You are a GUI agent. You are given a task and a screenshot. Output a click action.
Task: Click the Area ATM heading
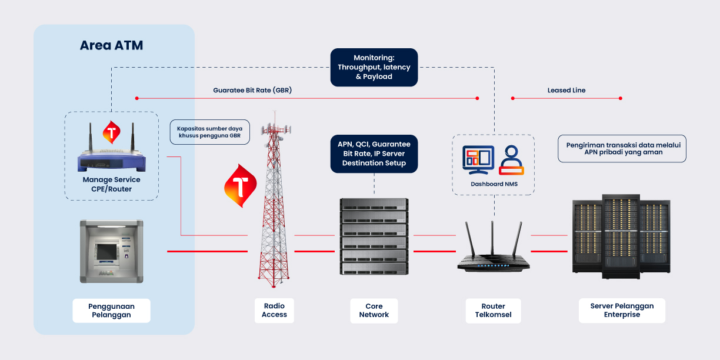pyautogui.click(x=111, y=45)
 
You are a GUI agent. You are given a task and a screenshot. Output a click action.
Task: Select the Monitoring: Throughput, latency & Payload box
pyautogui.click(x=374, y=67)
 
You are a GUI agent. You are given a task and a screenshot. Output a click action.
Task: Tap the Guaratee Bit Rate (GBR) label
pyautogui.click(x=252, y=91)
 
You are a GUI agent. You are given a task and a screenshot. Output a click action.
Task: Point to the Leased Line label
pyautogui.click(x=566, y=91)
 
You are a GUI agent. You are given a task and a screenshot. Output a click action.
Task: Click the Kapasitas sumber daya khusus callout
pyautogui.click(x=209, y=132)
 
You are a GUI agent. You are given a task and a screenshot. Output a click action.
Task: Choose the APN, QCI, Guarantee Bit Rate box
pyautogui.click(x=374, y=153)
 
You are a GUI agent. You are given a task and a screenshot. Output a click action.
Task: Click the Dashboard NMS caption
pyautogui.click(x=493, y=184)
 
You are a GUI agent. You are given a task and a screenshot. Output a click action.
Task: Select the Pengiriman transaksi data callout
pyautogui.click(x=622, y=148)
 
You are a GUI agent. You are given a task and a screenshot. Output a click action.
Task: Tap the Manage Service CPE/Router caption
pyautogui.click(x=111, y=184)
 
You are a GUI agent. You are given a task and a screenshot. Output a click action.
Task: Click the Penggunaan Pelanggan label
pyautogui.click(x=111, y=311)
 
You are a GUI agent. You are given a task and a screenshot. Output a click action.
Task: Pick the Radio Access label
pyautogui.click(x=274, y=311)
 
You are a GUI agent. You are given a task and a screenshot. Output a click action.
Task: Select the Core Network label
pyautogui.click(x=374, y=311)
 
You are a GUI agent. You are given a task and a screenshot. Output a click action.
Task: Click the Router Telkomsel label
pyautogui.click(x=493, y=311)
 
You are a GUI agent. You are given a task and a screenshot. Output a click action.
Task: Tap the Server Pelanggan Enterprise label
pyautogui.click(x=622, y=311)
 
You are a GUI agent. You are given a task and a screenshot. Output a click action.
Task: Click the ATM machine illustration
pyautogui.click(x=111, y=251)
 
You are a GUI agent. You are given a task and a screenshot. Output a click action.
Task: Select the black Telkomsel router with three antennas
pyautogui.click(x=493, y=253)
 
